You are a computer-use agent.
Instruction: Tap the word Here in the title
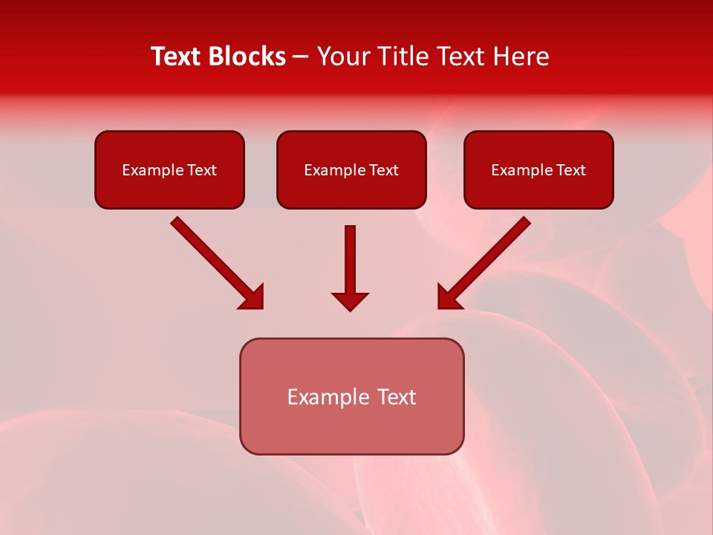(520, 56)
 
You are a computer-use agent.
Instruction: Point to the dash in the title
(301, 57)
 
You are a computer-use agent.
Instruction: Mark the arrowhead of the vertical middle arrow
(350, 301)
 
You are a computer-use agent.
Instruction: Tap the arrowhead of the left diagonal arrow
(253, 297)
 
